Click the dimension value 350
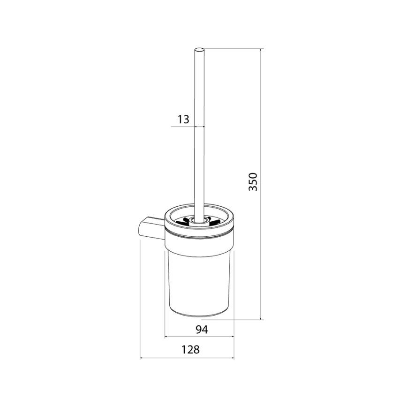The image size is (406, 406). [253, 182]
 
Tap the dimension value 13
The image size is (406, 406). [183, 120]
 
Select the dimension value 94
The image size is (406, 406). [202, 330]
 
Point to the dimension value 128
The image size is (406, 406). [190, 350]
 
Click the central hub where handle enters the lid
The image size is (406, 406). [199, 221]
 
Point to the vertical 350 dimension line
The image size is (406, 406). [260, 184]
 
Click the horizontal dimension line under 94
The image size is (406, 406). [199, 337]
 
